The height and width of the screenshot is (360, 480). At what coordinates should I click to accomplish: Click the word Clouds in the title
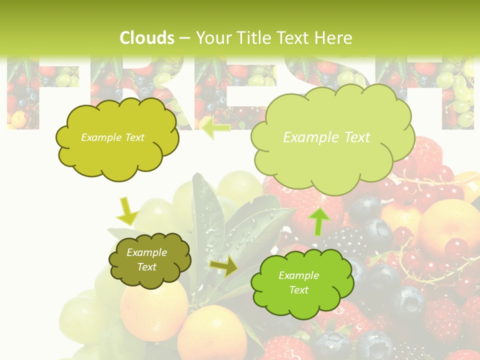147,38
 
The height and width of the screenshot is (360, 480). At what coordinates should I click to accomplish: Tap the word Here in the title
334,38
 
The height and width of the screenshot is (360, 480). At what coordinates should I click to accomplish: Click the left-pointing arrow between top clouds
215,128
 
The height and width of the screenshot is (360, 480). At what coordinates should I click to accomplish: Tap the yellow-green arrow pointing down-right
127,211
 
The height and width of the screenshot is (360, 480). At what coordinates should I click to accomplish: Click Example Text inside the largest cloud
326,137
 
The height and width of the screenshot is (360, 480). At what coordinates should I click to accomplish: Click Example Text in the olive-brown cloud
147,259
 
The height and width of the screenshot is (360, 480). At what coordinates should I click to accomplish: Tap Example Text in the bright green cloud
298,282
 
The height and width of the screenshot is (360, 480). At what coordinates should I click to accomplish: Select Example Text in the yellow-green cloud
112,137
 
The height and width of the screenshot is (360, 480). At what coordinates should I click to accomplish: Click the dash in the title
184,38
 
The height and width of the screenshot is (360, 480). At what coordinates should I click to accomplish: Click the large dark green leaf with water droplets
207,215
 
